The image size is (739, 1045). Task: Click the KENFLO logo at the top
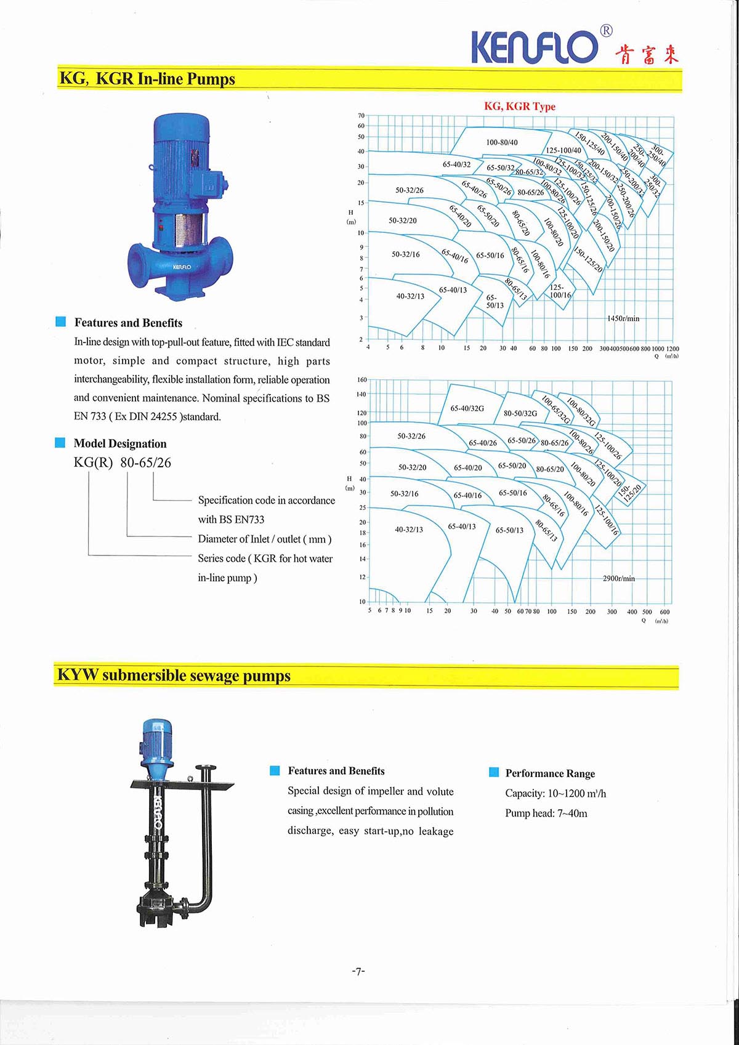[x=535, y=46]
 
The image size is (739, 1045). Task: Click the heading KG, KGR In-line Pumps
[x=147, y=79]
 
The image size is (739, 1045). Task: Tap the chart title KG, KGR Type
[x=519, y=106]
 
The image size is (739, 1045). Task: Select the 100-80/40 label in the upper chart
[x=502, y=142]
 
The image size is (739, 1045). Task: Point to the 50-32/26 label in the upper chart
[x=410, y=190]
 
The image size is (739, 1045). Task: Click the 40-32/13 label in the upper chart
[x=410, y=296]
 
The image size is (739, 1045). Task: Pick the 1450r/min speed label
[x=623, y=318]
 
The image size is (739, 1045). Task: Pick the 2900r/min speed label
[x=619, y=578]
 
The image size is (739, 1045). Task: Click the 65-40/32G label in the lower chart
[x=467, y=408]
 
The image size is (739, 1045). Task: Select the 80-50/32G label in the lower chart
[x=520, y=413]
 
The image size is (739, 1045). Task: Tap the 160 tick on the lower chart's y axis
[x=361, y=380]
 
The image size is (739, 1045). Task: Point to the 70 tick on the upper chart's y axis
[x=361, y=115]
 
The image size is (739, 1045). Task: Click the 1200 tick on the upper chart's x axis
[x=672, y=349]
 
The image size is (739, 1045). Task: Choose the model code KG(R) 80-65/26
[x=123, y=462]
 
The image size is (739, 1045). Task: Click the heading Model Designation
[x=120, y=443]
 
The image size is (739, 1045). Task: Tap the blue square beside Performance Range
[x=494, y=772]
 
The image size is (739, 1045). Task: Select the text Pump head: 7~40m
[x=546, y=813]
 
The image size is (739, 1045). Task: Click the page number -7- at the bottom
[x=358, y=971]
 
